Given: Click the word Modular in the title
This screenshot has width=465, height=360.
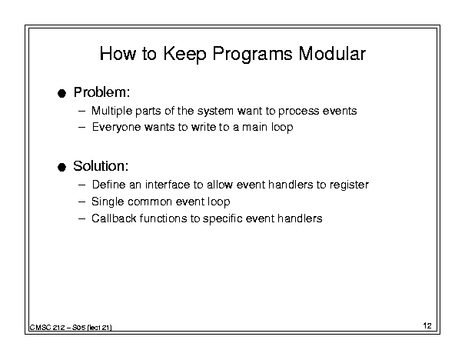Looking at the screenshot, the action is click(332, 54).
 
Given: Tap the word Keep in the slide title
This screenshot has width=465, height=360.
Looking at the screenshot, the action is click(184, 55).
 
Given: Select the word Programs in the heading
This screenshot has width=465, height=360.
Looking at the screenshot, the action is click(252, 55).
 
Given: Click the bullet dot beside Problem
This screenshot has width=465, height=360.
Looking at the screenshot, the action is click(61, 94).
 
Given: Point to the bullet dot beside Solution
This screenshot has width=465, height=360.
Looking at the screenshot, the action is click(61, 167).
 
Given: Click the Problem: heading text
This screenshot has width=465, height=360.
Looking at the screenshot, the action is click(101, 92).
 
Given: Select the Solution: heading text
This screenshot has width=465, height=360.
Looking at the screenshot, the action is click(101, 166).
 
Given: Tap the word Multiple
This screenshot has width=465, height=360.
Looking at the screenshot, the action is click(111, 111).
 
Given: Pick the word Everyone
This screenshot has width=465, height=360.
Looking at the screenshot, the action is click(116, 128).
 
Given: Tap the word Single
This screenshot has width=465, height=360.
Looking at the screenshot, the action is click(108, 202).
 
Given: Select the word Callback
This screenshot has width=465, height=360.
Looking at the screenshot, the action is click(114, 218).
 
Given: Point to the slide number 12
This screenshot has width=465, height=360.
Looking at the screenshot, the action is click(427, 325).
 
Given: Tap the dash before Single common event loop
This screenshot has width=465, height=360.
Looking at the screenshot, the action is click(81, 202).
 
